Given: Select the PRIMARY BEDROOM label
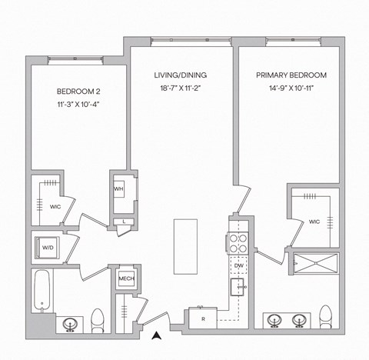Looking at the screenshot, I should click(x=291, y=75).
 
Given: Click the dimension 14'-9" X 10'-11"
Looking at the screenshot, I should click(x=291, y=90).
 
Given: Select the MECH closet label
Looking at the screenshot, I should click(x=125, y=278).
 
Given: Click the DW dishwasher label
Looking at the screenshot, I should click(x=239, y=265).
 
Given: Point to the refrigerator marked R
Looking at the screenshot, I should click(x=202, y=318).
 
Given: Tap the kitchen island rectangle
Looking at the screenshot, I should click(x=184, y=246).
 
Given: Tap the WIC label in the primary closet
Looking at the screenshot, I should click(x=314, y=222).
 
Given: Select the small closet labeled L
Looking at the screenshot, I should click(x=125, y=222).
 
